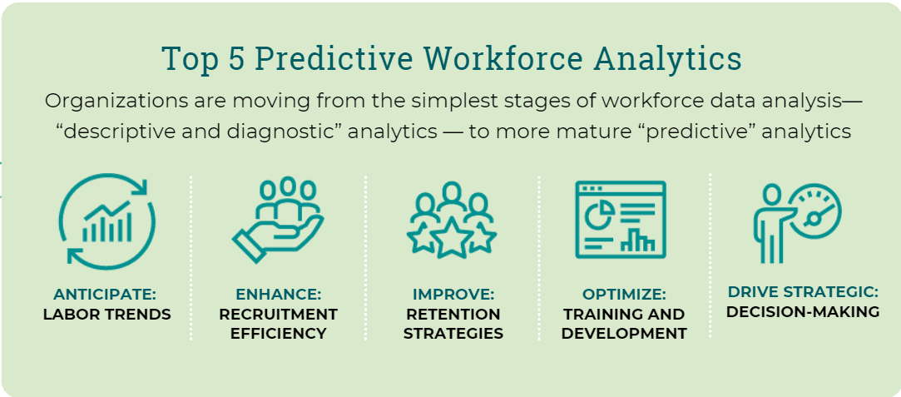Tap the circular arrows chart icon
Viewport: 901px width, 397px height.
(106, 221)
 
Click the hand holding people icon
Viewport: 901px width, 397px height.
(278, 221)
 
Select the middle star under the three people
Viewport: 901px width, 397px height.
(451, 241)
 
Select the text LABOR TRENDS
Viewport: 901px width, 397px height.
(106, 314)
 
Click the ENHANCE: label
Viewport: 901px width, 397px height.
(278, 295)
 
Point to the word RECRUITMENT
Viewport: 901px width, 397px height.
(278, 314)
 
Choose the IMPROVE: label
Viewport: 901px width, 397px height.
(453, 295)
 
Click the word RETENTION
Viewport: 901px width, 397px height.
(453, 314)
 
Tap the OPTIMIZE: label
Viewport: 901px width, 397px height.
(624, 295)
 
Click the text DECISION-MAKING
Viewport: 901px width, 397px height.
(802, 312)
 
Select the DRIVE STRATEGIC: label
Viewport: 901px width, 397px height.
(802, 292)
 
